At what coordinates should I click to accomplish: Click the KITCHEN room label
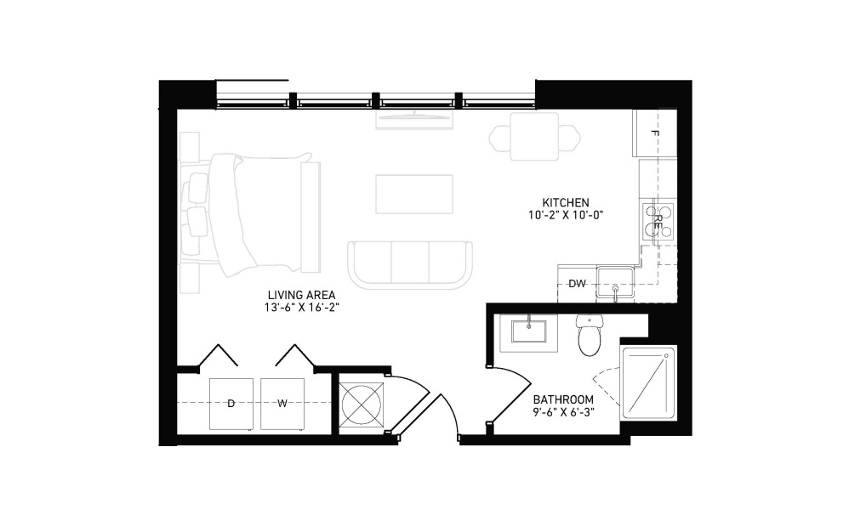(566, 203)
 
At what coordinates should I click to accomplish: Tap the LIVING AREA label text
(302, 295)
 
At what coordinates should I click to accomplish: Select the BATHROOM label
(563, 399)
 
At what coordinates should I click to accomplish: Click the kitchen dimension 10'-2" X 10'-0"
(566, 215)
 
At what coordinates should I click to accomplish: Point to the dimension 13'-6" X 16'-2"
(302, 308)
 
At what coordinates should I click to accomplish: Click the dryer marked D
(231, 404)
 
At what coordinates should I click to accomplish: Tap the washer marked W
(282, 404)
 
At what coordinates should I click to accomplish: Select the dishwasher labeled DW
(577, 284)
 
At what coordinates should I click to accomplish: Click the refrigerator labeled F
(654, 133)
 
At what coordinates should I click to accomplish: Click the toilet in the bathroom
(590, 336)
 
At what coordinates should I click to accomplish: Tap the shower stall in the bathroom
(649, 382)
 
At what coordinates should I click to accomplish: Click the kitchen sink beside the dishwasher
(615, 283)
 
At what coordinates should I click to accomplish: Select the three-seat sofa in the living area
(410, 265)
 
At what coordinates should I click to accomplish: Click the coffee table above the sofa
(414, 194)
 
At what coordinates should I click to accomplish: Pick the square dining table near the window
(534, 137)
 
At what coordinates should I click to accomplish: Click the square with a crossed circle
(361, 404)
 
